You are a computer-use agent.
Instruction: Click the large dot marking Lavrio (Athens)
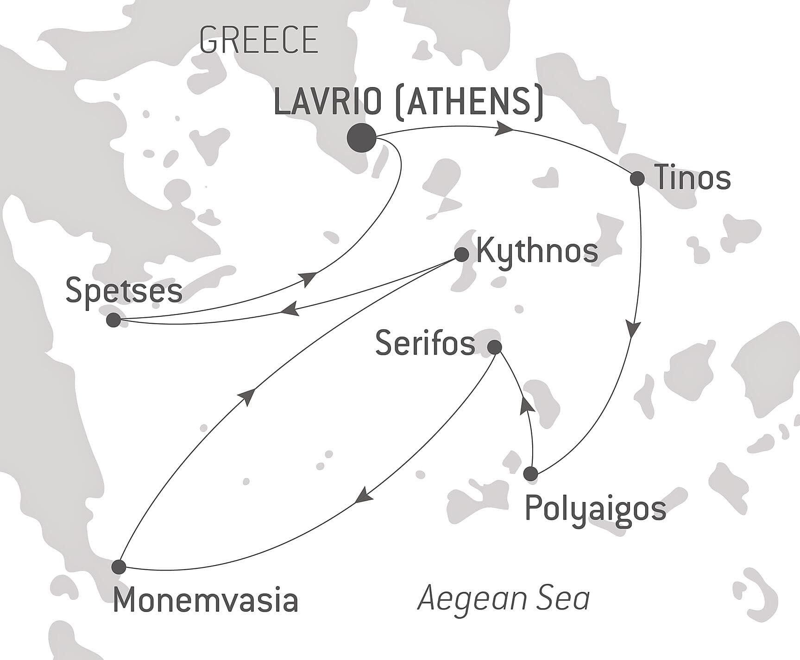click(x=361, y=138)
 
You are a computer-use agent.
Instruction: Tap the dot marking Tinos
click(x=637, y=178)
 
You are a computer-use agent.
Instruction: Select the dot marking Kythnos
click(x=461, y=254)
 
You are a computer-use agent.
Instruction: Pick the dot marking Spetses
click(x=113, y=320)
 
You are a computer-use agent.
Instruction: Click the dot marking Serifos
click(x=495, y=347)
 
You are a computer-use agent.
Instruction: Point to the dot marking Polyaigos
click(x=530, y=474)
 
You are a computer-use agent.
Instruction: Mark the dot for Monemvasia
click(x=119, y=566)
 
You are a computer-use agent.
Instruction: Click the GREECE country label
click(x=258, y=40)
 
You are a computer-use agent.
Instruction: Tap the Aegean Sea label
click(x=504, y=598)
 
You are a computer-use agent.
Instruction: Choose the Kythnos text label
click(x=537, y=251)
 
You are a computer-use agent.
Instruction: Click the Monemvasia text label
click(x=205, y=600)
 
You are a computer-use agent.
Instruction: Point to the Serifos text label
click(x=425, y=344)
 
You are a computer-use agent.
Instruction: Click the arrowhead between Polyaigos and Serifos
click(x=526, y=405)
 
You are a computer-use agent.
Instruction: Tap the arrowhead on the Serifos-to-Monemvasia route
click(x=364, y=495)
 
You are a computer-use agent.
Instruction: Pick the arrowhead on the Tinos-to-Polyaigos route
click(x=634, y=328)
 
